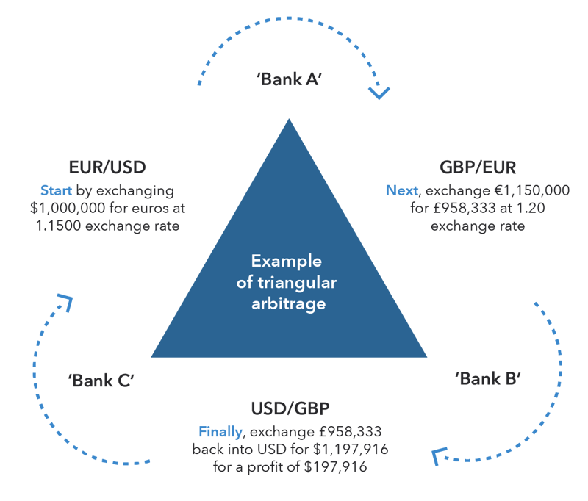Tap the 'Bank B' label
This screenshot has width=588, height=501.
[x=488, y=379]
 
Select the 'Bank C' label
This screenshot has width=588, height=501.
[x=101, y=381]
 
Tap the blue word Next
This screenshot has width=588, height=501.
[x=401, y=191]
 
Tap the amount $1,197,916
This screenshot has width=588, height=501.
[x=354, y=448]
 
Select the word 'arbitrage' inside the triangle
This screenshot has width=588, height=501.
[x=288, y=301]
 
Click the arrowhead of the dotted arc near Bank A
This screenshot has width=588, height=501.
[x=379, y=93]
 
